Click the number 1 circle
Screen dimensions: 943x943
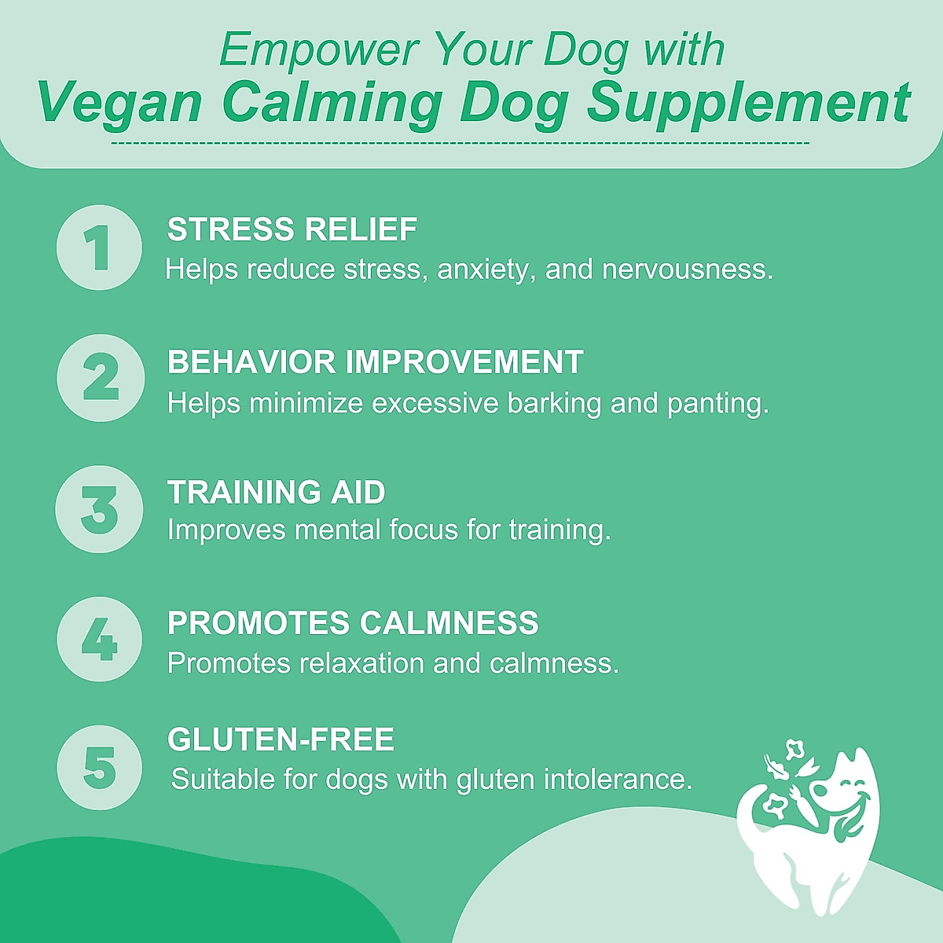click(x=99, y=248)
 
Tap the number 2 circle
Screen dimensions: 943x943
click(x=101, y=377)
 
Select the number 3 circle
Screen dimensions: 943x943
click(x=100, y=508)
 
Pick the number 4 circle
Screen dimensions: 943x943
click(x=100, y=639)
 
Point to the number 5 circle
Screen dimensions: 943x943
click(x=100, y=768)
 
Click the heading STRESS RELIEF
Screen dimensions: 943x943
click(x=292, y=229)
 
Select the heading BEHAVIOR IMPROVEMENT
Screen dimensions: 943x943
click(x=375, y=362)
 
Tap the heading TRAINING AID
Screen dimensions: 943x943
click(x=276, y=493)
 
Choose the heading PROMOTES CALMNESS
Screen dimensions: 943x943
click(x=353, y=623)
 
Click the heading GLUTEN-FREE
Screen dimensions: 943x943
click(x=281, y=739)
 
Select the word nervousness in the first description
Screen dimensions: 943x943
click(x=688, y=270)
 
